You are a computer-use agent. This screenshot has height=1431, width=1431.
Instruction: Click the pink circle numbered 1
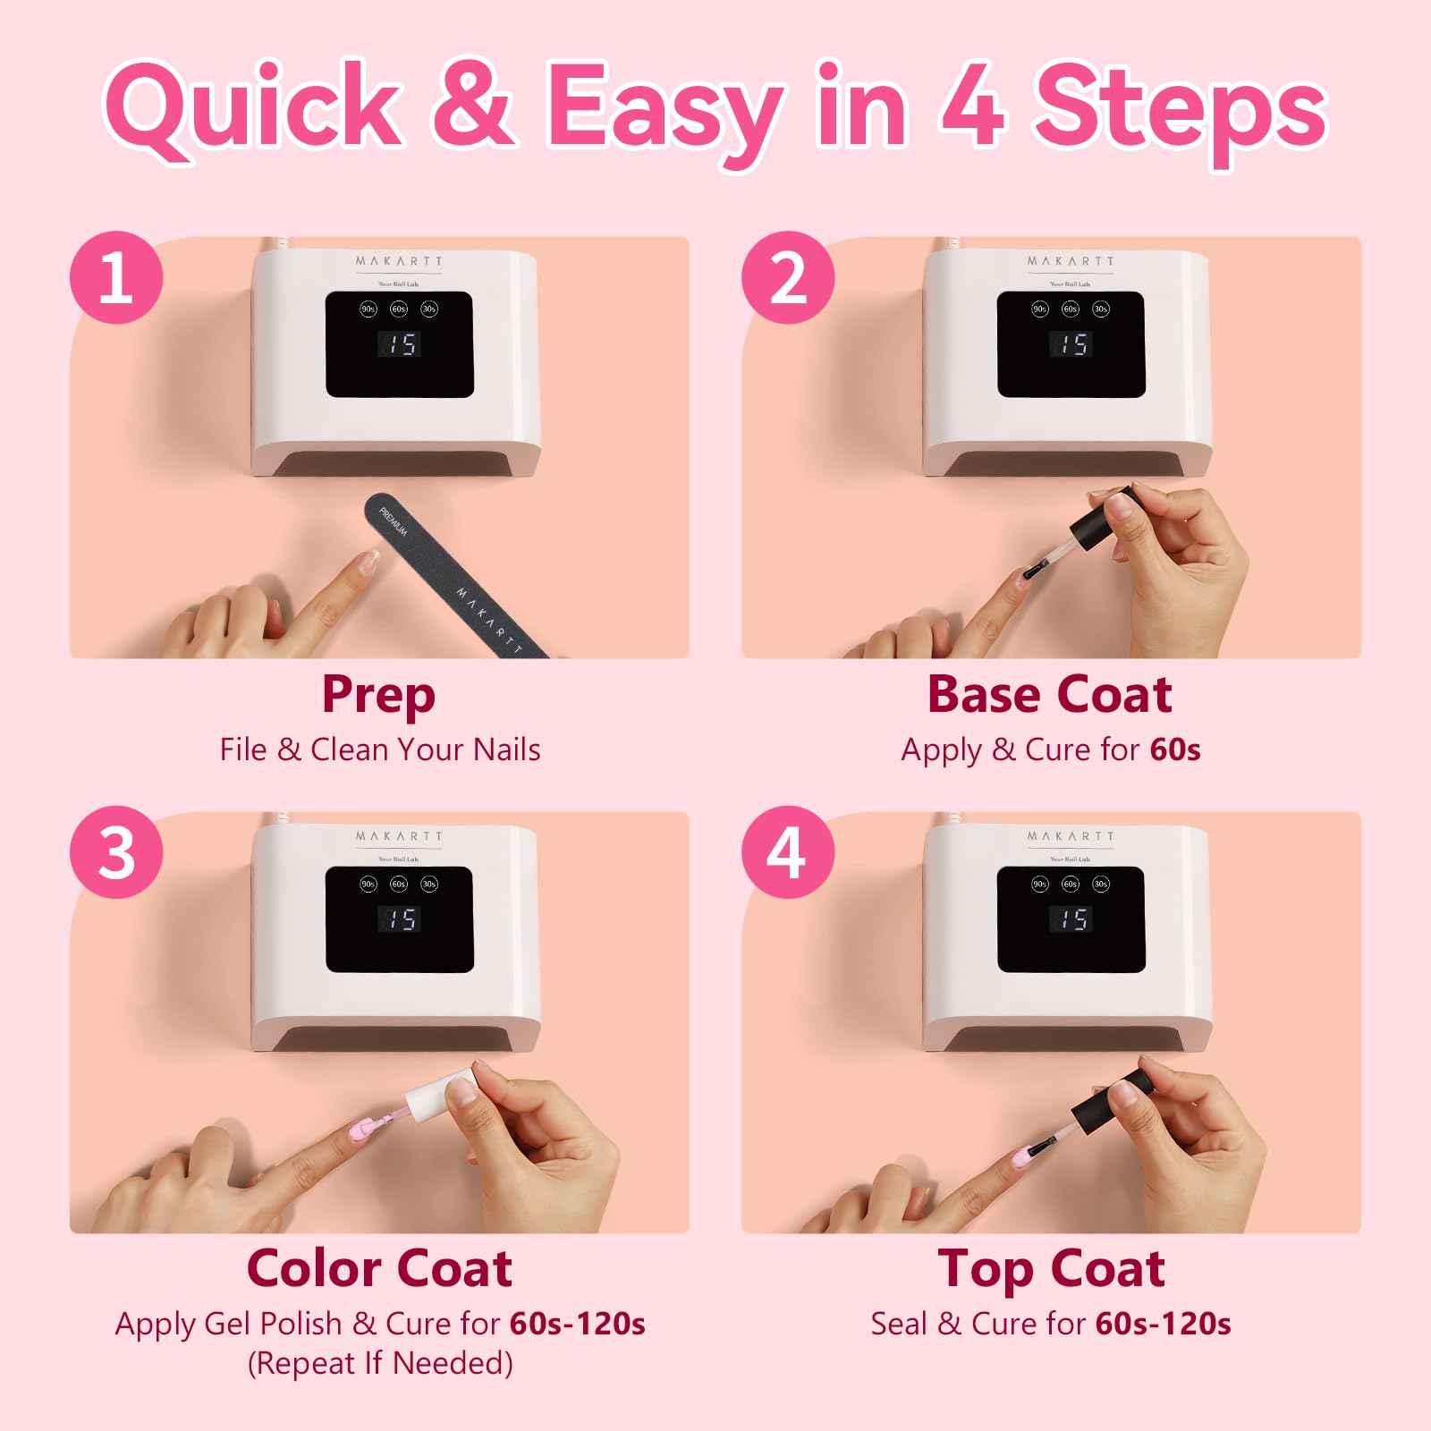[x=116, y=277]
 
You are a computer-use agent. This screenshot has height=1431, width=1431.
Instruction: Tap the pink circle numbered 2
[x=788, y=277]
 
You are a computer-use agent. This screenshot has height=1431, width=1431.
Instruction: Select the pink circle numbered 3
[x=116, y=852]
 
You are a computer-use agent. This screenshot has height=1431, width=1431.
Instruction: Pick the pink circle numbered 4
[x=788, y=852]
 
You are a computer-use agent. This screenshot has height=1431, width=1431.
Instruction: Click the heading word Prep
[x=378, y=696]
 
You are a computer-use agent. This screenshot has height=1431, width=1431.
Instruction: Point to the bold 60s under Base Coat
[x=1174, y=749]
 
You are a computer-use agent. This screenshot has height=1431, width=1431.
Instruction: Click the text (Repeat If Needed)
[x=380, y=1363]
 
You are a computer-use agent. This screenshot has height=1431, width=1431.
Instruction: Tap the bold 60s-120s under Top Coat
[x=1163, y=1324]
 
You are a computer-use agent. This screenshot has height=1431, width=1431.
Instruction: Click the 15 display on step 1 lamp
[x=399, y=344]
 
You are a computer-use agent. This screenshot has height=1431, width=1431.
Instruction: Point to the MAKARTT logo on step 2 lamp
[x=1071, y=261]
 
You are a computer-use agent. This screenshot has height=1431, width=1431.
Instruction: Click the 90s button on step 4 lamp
[x=1040, y=884]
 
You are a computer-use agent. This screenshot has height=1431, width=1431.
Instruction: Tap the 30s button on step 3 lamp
[x=429, y=884]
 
